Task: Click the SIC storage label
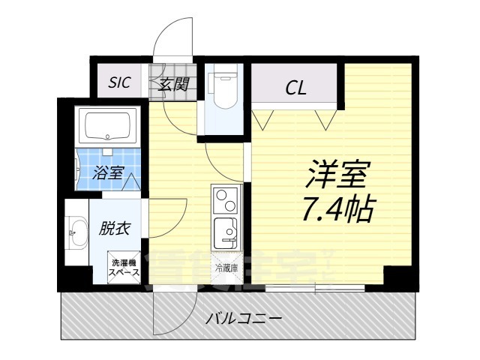click(x=119, y=83)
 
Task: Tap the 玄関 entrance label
click(x=173, y=84)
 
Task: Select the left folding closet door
click(x=262, y=118)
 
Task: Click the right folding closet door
click(x=325, y=118)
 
